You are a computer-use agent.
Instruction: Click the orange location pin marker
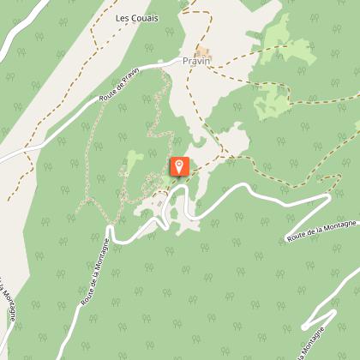(179, 165)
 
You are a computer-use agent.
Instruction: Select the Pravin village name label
(196, 62)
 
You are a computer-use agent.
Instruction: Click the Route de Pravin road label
(119, 86)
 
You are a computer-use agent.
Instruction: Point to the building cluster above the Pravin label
(205, 51)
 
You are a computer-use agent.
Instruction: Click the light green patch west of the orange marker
(134, 159)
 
